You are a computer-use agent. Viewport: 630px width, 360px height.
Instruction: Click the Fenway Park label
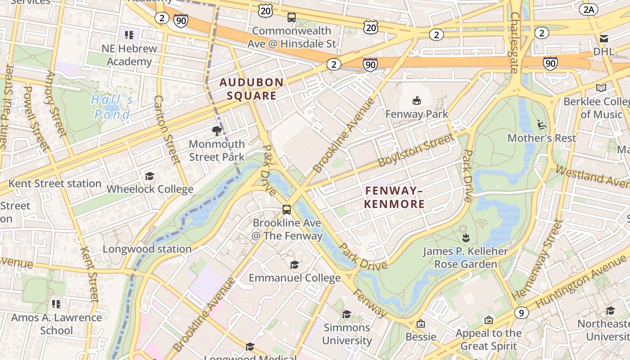click(417, 114)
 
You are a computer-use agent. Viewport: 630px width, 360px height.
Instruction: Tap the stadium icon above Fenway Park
click(417, 100)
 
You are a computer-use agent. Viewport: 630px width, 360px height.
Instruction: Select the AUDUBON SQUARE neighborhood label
click(252, 89)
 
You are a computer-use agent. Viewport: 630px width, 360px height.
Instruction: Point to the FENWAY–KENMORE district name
click(394, 198)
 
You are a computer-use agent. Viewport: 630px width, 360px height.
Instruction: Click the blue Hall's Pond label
click(112, 107)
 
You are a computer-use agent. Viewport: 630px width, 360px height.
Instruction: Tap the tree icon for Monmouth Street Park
click(217, 131)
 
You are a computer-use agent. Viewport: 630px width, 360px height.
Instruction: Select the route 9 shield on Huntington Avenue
click(521, 312)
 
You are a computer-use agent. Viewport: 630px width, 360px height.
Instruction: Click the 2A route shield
click(588, 9)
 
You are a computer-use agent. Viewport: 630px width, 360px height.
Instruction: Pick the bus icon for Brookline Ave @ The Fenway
click(287, 209)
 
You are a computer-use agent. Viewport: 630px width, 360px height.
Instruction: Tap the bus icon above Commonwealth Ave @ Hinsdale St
click(292, 18)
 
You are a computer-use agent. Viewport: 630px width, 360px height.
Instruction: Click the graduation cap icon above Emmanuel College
click(294, 265)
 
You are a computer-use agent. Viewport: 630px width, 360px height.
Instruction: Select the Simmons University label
click(347, 334)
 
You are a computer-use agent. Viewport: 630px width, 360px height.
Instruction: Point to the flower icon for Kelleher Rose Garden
click(466, 237)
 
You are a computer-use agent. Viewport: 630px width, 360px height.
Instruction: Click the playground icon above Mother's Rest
click(542, 124)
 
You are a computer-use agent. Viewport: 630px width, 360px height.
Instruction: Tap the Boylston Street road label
click(416, 150)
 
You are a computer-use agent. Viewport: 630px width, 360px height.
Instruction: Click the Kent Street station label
click(55, 184)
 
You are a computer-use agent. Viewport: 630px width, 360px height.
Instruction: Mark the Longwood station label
click(147, 249)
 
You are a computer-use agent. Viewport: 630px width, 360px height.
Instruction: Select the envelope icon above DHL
click(603, 38)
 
